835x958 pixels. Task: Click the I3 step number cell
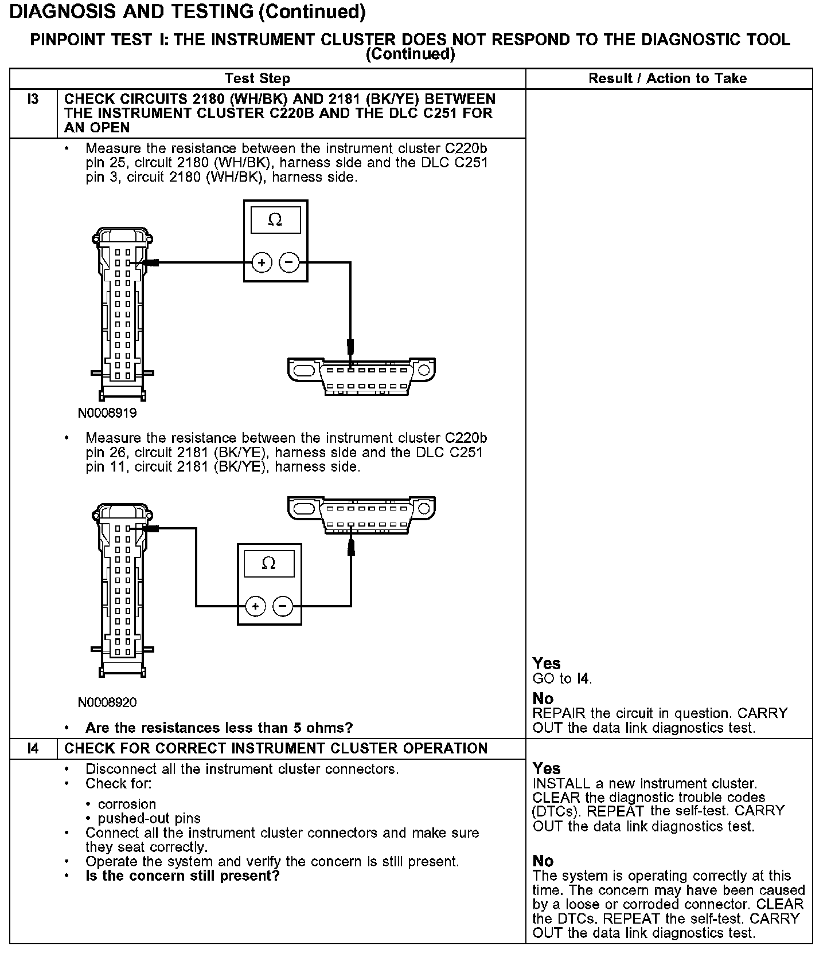(x=33, y=99)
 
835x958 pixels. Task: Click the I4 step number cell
(x=33, y=748)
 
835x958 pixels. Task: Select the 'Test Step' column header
(x=257, y=78)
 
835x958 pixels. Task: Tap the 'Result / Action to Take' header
(x=668, y=78)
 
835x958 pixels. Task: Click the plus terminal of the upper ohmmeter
(x=262, y=263)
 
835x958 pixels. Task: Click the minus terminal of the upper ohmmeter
(x=289, y=263)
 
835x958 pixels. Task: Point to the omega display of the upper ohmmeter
(x=275, y=220)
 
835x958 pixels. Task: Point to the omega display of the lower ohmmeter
(x=268, y=563)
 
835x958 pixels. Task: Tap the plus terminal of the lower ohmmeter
(x=255, y=606)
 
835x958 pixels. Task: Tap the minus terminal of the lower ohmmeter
(x=283, y=606)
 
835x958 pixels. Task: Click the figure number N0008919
(x=107, y=413)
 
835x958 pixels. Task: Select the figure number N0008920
(x=107, y=702)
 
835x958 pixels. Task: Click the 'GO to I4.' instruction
(x=562, y=679)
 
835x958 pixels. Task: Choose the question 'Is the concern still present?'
(x=182, y=876)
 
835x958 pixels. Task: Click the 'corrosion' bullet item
(x=127, y=804)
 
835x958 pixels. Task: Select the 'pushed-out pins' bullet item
(x=149, y=818)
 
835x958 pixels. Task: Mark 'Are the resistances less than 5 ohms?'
(x=219, y=728)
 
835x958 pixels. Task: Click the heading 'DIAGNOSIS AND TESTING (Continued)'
(x=188, y=11)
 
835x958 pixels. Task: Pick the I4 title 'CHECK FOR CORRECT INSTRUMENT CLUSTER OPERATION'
(x=276, y=748)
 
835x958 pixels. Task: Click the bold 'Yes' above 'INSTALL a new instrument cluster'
(x=547, y=768)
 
